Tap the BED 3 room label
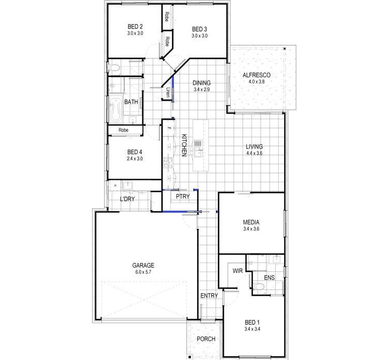click(x=199, y=29)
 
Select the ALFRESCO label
click(x=257, y=75)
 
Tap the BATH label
click(x=131, y=102)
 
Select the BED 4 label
click(x=135, y=152)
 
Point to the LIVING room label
click(x=255, y=147)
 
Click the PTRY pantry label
click(x=183, y=197)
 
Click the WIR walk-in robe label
click(x=238, y=271)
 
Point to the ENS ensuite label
click(x=269, y=278)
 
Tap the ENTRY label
click(x=209, y=296)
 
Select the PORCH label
click(x=205, y=339)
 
